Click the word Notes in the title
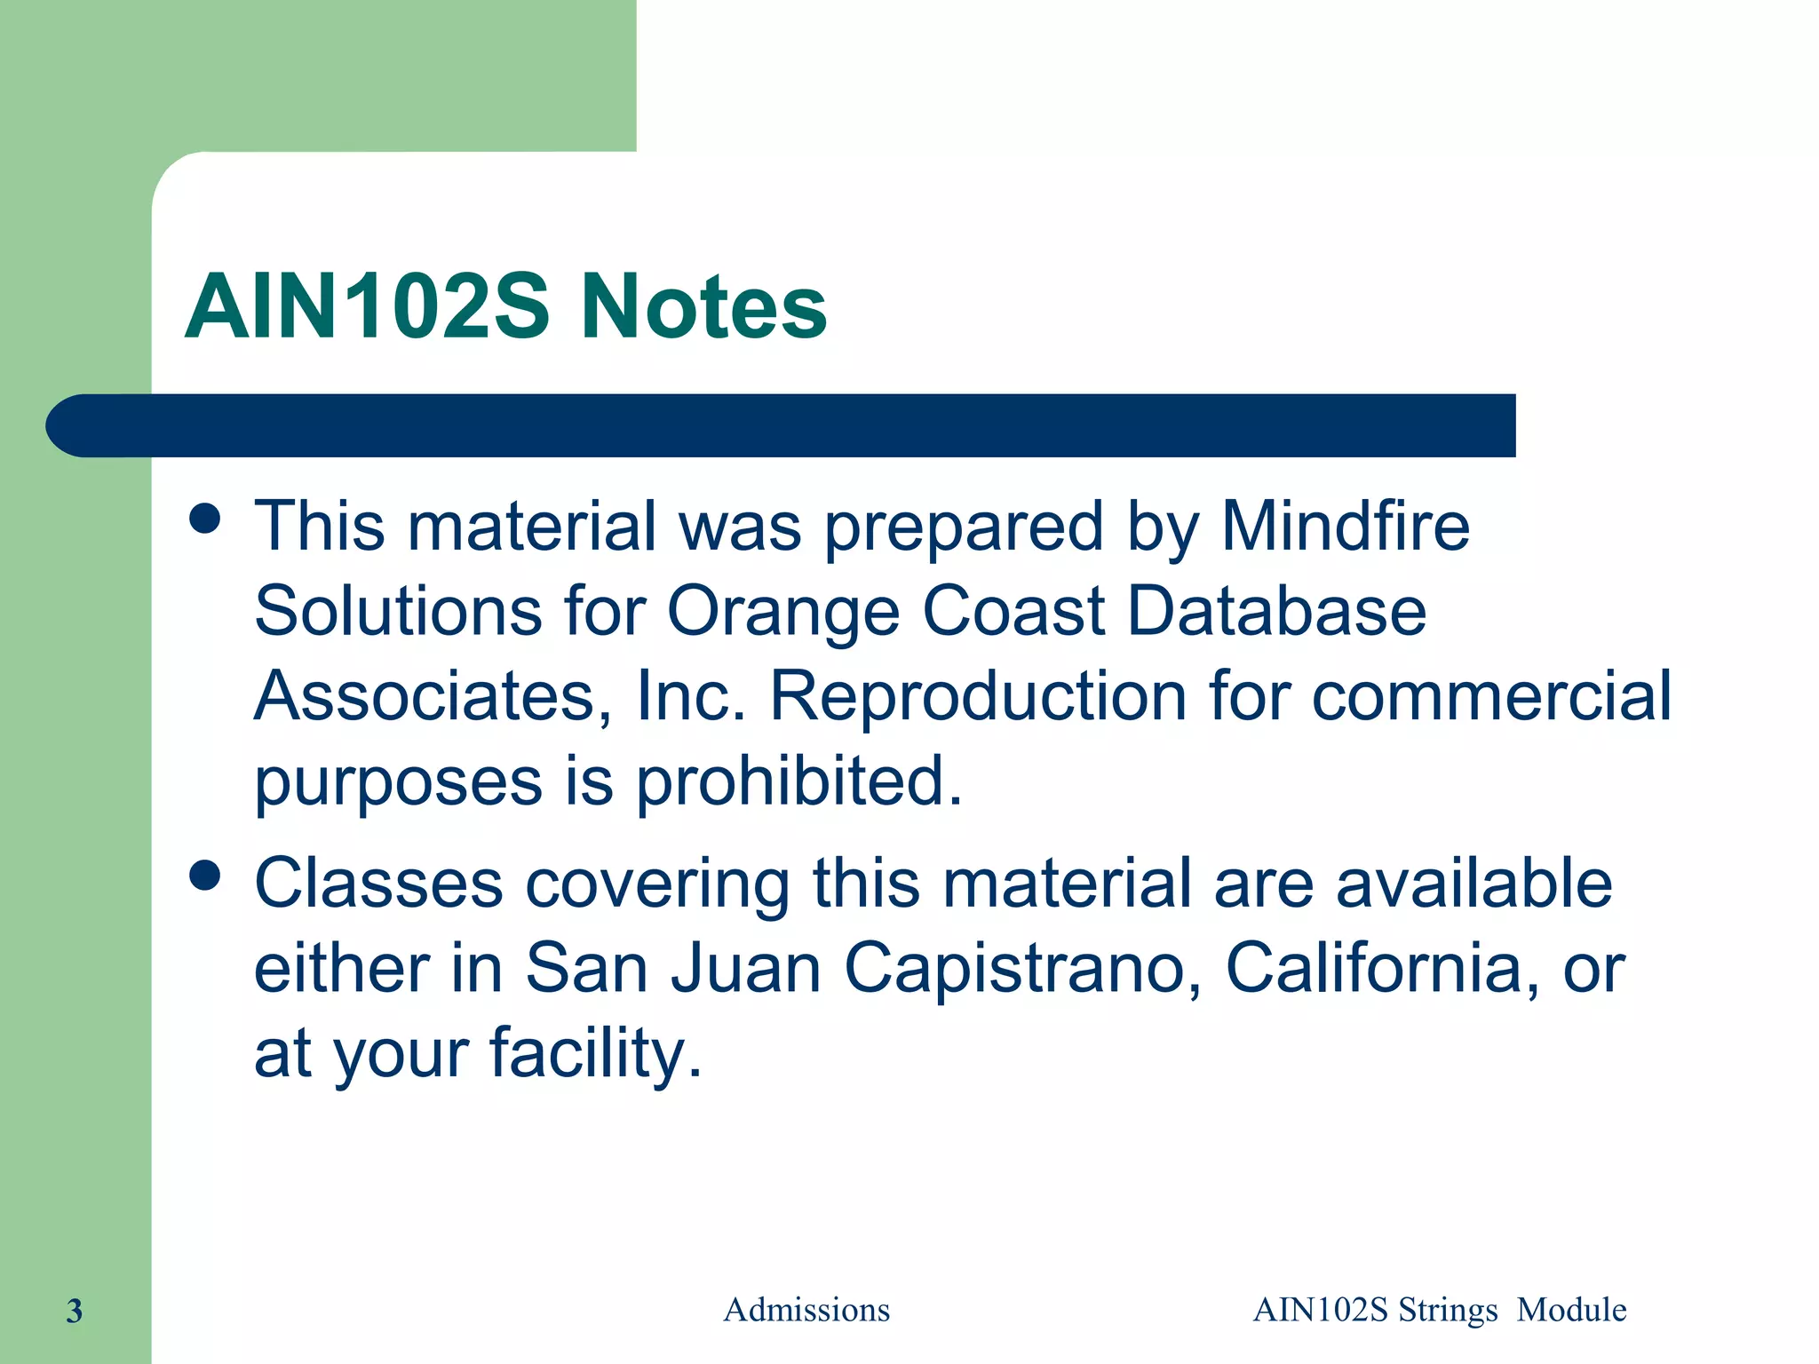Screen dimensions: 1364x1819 coord(703,306)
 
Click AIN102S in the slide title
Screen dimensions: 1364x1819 coord(367,306)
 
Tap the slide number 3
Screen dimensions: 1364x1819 coord(75,1311)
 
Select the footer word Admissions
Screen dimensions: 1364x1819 coord(806,1310)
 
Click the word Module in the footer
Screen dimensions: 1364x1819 coord(1571,1310)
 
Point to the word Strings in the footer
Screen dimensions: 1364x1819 coord(1448,1311)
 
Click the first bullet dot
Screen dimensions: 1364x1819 coord(205,519)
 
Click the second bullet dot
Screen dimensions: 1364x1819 coord(205,876)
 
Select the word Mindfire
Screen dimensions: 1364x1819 coord(1346,526)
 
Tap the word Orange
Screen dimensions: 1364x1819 coord(783,611)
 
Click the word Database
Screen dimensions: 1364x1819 coord(1277,611)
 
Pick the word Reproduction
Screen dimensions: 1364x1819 coord(978,695)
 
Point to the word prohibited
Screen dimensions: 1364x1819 coord(799,781)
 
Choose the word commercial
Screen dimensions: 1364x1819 coord(1491,695)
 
